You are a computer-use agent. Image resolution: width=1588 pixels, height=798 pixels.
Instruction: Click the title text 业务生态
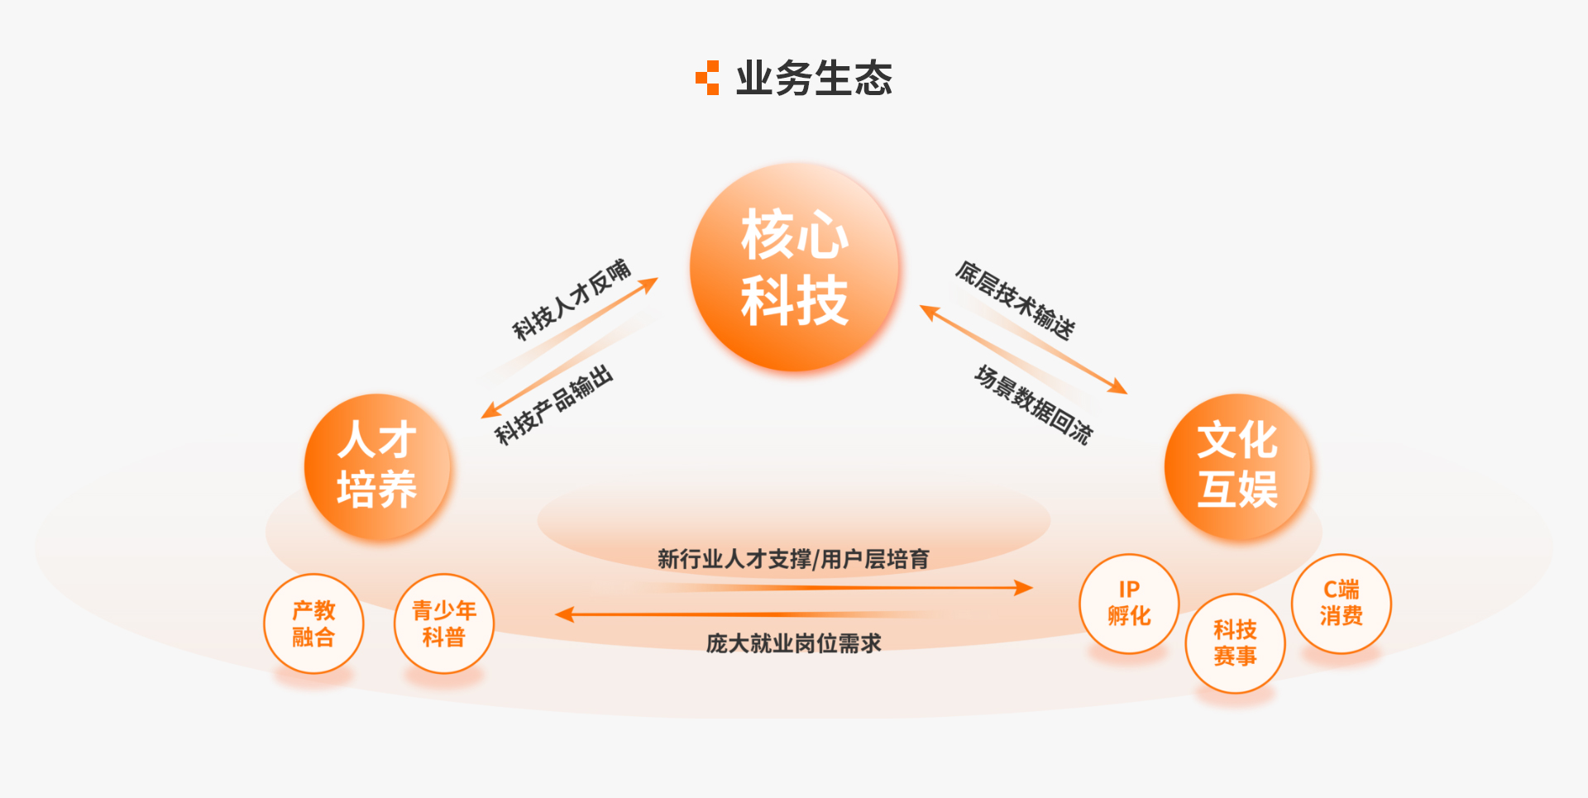point(814,79)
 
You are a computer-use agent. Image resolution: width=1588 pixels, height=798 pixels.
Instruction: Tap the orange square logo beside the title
point(707,78)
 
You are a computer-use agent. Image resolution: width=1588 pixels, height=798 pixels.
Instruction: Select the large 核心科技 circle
point(795,267)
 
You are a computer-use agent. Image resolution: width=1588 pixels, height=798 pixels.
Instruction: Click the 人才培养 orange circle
point(377,466)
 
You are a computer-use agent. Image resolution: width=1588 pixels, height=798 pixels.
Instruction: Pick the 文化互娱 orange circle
point(1237,466)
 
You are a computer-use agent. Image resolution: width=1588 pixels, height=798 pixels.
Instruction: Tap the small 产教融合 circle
point(313,624)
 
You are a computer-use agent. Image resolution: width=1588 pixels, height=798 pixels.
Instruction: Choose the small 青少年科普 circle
point(444,624)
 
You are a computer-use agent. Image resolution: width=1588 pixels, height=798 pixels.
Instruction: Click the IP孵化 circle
point(1129,604)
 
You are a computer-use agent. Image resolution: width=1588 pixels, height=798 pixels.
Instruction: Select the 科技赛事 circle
point(1235,643)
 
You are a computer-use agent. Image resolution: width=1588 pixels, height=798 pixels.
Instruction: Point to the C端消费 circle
point(1341,604)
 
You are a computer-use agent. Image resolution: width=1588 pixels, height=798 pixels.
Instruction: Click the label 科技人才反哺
point(572,299)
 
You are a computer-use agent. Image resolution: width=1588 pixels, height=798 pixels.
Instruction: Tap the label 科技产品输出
point(554,404)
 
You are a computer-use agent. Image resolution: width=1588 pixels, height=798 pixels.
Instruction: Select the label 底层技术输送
point(1016,300)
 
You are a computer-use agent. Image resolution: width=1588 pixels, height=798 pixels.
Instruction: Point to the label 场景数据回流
point(1033,404)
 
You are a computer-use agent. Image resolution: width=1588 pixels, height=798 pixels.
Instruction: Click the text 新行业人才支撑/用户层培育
point(793,559)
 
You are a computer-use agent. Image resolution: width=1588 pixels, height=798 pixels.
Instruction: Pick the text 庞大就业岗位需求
point(793,643)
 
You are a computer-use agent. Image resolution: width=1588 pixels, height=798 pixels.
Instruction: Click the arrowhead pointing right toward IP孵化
point(1024,588)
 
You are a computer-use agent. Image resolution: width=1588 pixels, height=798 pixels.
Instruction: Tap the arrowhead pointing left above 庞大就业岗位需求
point(564,614)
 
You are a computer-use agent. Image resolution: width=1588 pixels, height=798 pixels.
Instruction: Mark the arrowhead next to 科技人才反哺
point(649,284)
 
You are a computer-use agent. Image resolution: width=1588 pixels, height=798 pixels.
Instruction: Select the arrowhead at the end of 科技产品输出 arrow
point(490,410)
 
